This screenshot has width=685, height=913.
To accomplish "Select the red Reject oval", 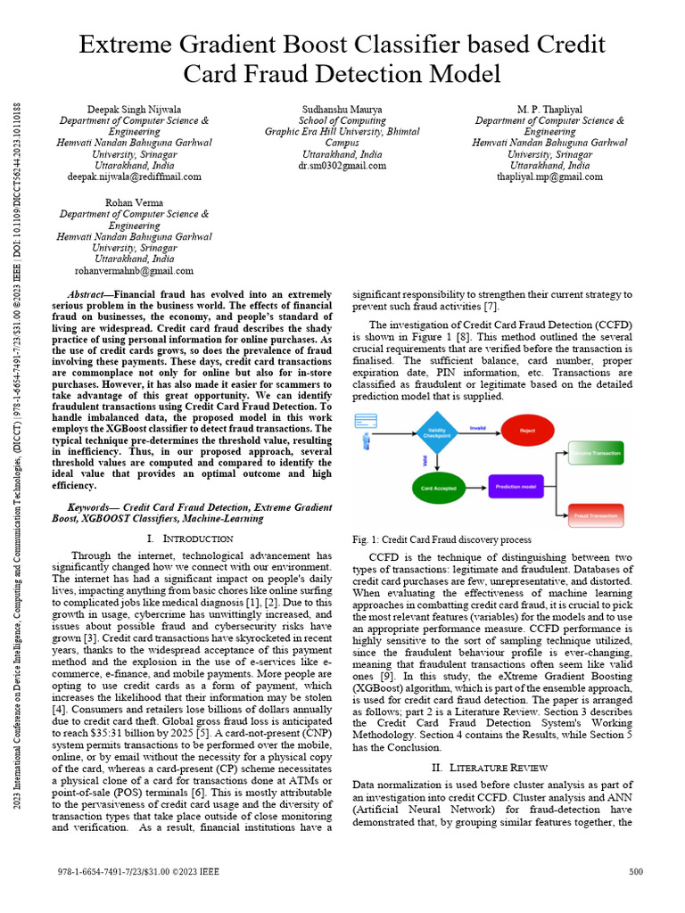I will pyautogui.click(x=525, y=432).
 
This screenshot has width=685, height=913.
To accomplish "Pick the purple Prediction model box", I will pyautogui.click(x=516, y=487).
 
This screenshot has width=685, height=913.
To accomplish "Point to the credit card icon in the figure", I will pyautogui.click(x=366, y=420).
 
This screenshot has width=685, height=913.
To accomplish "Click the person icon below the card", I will pyautogui.click(x=366, y=441).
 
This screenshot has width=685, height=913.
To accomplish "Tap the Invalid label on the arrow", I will pyautogui.click(x=478, y=428).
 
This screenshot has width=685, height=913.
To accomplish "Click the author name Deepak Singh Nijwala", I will pyautogui.click(x=135, y=109).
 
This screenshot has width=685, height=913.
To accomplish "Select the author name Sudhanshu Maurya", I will pyautogui.click(x=342, y=109).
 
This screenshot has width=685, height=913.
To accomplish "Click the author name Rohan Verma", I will pyautogui.click(x=135, y=202).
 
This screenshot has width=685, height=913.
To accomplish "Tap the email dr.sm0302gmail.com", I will pyautogui.click(x=342, y=166).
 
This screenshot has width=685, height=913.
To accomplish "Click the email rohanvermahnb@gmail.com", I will pyautogui.click(x=135, y=270).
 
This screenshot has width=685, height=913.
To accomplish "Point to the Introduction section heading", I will pyautogui.click(x=189, y=539).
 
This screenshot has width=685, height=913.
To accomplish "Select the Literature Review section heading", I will pyautogui.click(x=493, y=767).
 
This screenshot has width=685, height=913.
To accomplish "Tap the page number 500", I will pyautogui.click(x=636, y=871).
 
